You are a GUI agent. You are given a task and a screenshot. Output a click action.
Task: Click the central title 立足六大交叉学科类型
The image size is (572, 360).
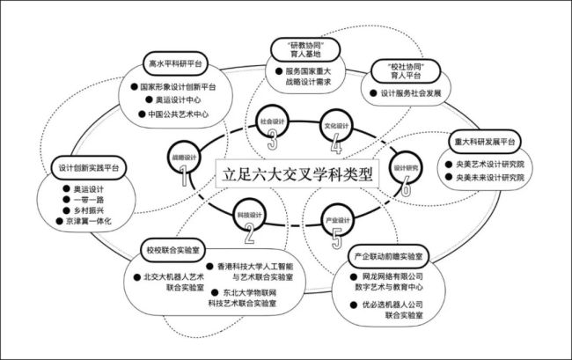[x=297, y=173]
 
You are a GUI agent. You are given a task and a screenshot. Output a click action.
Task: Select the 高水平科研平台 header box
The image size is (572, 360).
[x=174, y=64]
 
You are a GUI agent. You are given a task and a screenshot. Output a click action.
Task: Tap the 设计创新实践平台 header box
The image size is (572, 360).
[x=91, y=167]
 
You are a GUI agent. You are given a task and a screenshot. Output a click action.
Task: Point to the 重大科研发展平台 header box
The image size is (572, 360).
[x=484, y=142]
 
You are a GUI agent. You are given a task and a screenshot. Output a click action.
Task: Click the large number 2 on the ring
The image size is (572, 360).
[x=250, y=232]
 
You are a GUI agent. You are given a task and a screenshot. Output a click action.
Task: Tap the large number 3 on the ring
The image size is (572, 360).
[x=273, y=138]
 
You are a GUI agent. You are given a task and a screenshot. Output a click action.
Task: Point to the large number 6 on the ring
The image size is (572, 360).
[x=405, y=184]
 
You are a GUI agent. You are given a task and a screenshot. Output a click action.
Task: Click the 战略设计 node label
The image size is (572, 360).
[x=184, y=157]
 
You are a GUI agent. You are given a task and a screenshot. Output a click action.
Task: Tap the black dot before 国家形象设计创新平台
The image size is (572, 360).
[x=132, y=87]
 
